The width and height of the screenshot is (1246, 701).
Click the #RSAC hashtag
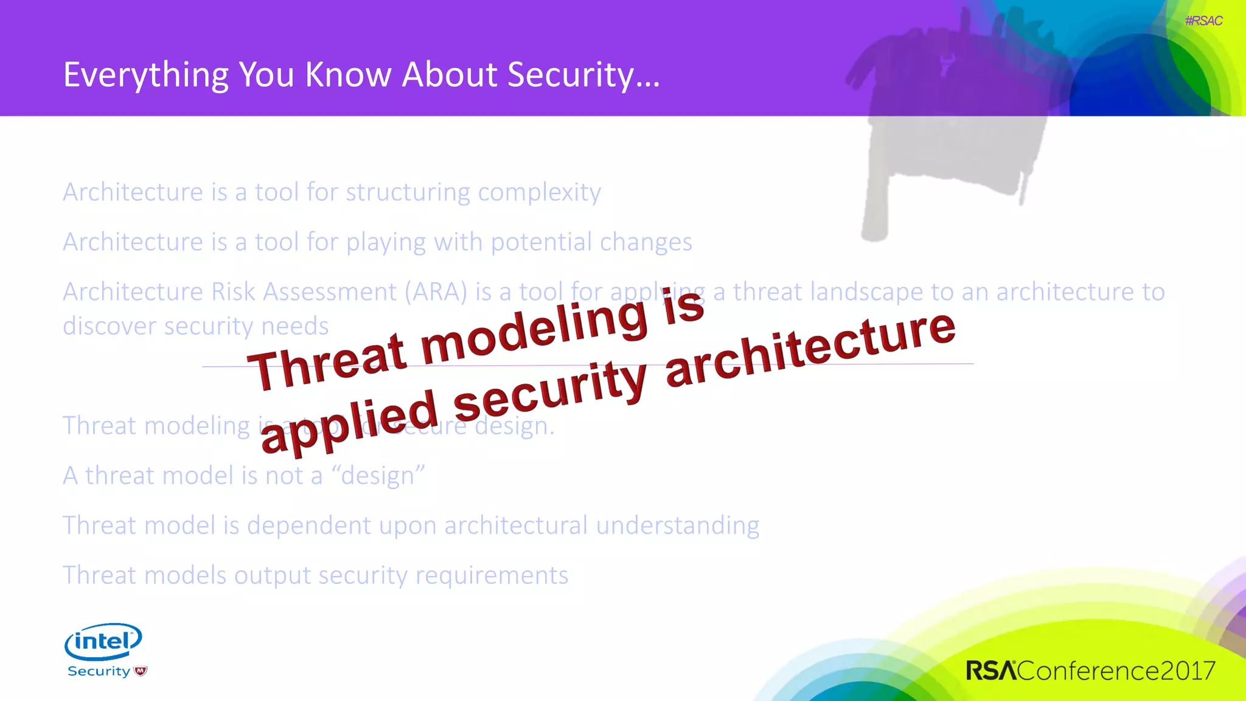point(1203,21)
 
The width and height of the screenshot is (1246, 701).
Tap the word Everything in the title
point(146,75)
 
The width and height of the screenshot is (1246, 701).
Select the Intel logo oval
point(103,641)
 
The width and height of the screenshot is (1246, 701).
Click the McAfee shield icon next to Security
point(141,671)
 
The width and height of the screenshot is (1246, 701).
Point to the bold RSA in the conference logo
point(990,671)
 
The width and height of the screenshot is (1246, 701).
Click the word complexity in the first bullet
point(539,193)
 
